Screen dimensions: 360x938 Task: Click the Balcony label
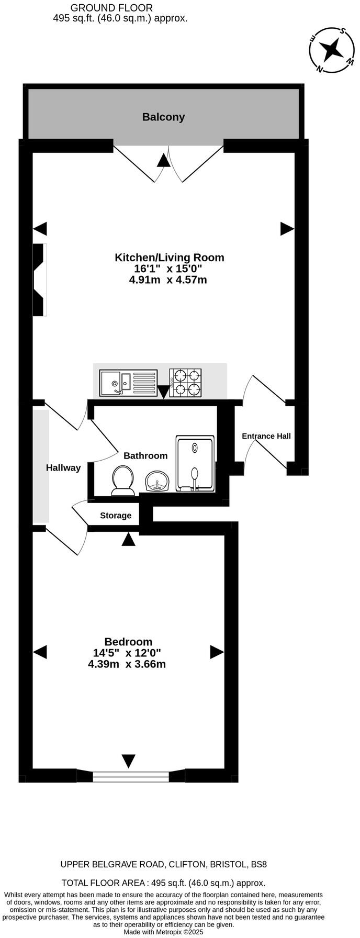tap(163, 117)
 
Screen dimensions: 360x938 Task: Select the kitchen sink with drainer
tap(129, 383)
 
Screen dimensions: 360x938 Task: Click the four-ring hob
tap(185, 383)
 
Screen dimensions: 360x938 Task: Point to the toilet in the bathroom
tap(123, 481)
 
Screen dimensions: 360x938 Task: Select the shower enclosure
tap(195, 464)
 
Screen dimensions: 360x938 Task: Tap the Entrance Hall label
tap(266, 436)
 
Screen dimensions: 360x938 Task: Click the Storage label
tap(116, 516)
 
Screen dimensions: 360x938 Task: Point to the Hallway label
tap(63, 468)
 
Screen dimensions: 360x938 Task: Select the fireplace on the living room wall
tap(40, 280)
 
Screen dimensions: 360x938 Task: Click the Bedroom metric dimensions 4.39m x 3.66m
tap(127, 665)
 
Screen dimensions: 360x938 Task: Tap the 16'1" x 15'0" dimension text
tap(168, 269)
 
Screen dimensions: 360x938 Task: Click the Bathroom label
tap(145, 456)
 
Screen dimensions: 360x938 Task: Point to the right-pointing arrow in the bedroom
tap(217, 652)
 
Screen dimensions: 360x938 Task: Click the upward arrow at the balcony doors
tap(164, 160)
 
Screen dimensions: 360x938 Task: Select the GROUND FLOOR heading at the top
tap(111, 8)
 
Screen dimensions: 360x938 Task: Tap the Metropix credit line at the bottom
tap(163, 932)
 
